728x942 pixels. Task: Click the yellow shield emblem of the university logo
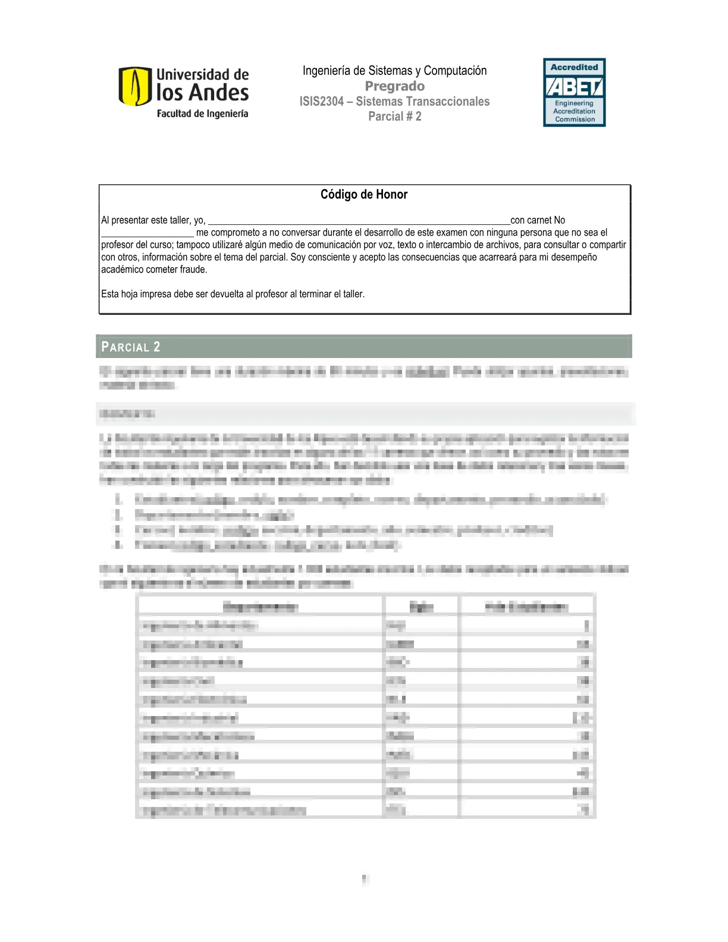click(134, 86)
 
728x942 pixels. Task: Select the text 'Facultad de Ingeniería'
click(202, 114)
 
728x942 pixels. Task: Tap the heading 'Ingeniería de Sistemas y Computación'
click(394, 71)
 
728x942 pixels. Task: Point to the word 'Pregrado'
click(394, 86)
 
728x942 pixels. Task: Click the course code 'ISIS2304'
click(322, 102)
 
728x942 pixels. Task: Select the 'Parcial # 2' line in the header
click(394, 117)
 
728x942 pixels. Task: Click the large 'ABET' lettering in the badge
click(574, 87)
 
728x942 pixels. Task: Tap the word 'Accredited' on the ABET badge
click(574, 67)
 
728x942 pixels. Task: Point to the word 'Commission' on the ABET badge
click(575, 120)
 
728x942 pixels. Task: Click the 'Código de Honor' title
click(364, 194)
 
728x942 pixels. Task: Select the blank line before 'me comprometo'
click(147, 233)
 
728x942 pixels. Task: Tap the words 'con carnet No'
click(538, 220)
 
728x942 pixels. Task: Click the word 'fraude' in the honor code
click(193, 269)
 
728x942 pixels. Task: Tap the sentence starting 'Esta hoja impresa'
click(233, 294)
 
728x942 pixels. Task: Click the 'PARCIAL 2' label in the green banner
click(130, 347)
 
